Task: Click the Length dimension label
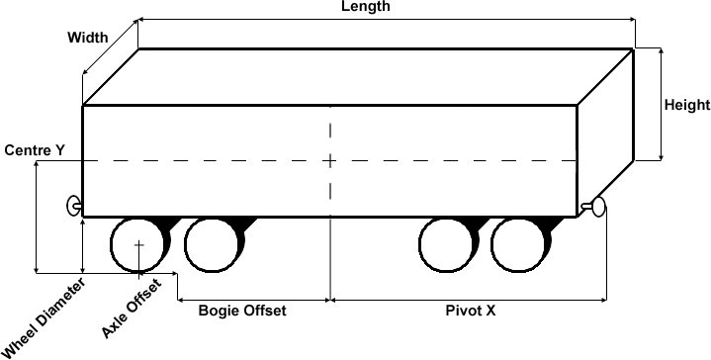(x=366, y=6)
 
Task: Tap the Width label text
(x=88, y=38)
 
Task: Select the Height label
(x=687, y=105)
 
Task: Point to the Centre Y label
(x=35, y=150)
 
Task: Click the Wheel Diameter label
(x=44, y=318)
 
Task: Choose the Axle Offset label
(x=132, y=309)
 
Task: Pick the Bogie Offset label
(x=242, y=311)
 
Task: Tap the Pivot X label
(x=471, y=311)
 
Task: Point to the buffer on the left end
(x=74, y=206)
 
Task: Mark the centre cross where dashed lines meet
(x=330, y=160)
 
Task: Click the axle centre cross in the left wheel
(x=138, y=245)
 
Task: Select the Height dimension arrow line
(x=662, y=104)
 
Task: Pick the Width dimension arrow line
(x=110, y=47)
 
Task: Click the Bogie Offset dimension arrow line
(x=253, y=300)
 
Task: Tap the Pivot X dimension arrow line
(x=469, y=300)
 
